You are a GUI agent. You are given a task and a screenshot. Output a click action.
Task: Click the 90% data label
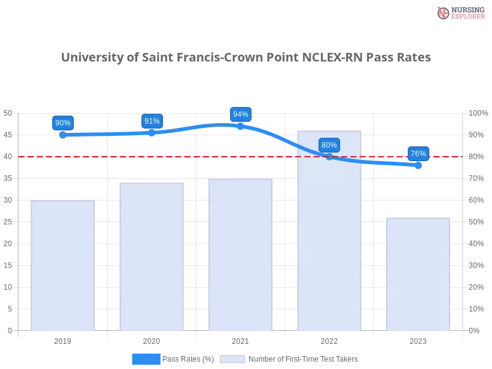(x=63, y=123)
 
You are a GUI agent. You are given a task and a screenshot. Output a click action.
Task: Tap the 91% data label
(x=152, y=121)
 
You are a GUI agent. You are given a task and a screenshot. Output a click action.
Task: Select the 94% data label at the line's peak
(x=240, y=114)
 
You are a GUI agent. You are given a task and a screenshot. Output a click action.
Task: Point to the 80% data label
(x=329, y=145)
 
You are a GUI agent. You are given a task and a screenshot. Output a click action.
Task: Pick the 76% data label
(x=418, y=154)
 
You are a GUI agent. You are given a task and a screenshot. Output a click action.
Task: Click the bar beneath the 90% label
(x=63, y=265)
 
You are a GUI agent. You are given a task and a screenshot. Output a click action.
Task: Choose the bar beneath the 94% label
(x=240, y=255)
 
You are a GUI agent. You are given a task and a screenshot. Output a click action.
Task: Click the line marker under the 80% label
(x=329, y=157)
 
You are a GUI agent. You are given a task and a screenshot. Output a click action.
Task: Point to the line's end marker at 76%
(x=418, y=165)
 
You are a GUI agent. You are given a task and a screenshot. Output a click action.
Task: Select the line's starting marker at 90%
(x=63, y=134)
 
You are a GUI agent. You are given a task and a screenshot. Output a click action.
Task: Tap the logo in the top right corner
(x=459, y=13)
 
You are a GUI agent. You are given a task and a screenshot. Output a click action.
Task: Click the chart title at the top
(x=246, y=58)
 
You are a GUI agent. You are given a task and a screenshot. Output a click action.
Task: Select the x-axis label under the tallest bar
(x=329, y=339)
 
